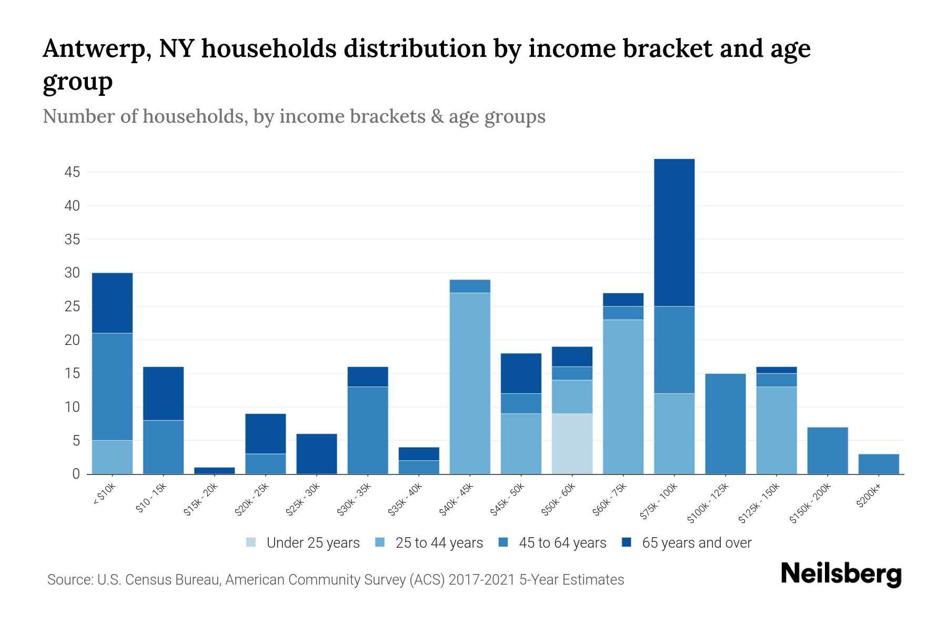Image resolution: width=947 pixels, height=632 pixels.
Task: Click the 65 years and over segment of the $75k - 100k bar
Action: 674,232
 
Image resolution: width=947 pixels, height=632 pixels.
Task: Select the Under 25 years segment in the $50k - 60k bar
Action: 572,443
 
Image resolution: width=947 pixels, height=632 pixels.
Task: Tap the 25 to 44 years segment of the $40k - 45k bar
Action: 470,383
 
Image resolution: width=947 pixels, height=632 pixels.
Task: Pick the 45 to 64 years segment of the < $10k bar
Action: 112,387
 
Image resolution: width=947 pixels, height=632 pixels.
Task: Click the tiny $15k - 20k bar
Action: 214,470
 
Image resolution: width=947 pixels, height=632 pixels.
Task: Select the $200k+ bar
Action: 878,464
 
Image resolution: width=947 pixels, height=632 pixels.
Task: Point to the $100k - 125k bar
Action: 725,423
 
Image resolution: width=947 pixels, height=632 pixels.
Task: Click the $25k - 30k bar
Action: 317,453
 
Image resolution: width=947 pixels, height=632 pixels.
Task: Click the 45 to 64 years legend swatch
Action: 503,542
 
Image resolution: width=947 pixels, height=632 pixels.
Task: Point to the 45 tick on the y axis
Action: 73,172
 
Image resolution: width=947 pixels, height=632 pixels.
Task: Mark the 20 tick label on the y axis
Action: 73,340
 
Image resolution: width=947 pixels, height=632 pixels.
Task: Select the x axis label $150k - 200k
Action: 810,503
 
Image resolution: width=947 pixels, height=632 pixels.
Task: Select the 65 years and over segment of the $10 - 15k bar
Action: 163,393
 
